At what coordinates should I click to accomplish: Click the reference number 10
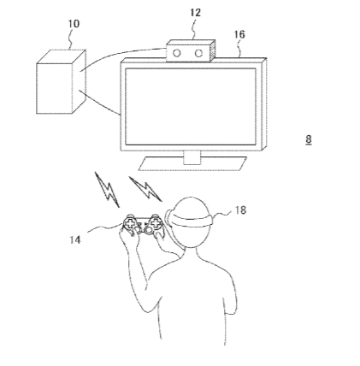(74, 24)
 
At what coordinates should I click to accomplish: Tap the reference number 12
(196, 13)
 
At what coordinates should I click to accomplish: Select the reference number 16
(239, 35)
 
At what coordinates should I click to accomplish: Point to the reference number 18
(240, 210)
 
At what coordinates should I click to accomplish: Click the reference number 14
(75, 239)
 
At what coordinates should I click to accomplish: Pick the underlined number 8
(309, 139)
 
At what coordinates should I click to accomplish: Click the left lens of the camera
(177, 53)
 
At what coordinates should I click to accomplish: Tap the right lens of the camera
(198, 53)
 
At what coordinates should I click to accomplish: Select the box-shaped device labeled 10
(61, 82)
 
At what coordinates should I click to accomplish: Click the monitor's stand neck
(192, 157)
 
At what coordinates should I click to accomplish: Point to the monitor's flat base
(192, 164)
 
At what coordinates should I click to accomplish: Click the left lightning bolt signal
(107, 189)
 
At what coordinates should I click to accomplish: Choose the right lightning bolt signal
(145, 189)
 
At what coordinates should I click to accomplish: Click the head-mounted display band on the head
(190, 220)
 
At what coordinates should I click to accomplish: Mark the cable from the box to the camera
(121, 54)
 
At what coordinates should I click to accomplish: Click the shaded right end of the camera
(212, 50)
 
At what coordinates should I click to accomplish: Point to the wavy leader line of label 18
(223, 214)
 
